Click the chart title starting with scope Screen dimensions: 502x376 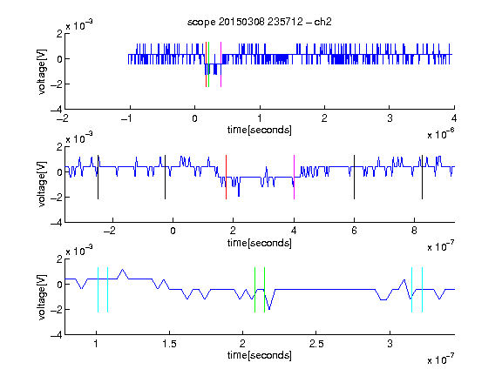point(260,22)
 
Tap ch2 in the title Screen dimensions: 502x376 point(322,22)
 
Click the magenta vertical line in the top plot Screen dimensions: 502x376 point(220,64)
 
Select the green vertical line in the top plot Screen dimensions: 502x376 point(209,64)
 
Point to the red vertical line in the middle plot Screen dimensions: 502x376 point(226,178)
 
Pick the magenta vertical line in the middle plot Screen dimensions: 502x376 point(294,178)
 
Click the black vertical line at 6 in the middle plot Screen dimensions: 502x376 point(354,178)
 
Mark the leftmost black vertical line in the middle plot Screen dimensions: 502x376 point(98,178)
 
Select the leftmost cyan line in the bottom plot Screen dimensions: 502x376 point(98,290)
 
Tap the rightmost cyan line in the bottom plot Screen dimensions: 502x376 point(423,290)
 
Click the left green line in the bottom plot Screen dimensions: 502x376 point(254,290)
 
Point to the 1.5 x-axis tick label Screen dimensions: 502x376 point(169,344)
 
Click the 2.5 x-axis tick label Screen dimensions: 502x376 point(316,344)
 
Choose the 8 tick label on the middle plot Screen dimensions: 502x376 point(414,231)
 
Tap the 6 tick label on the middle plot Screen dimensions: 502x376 point(354,231)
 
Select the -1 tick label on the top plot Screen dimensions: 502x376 point(126,118)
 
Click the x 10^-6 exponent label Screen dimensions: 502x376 point(441,134)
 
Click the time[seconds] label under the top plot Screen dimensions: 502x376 point(260,130)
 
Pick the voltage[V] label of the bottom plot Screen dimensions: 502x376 point(42,297)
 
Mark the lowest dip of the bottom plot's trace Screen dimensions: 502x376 point(269,310)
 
